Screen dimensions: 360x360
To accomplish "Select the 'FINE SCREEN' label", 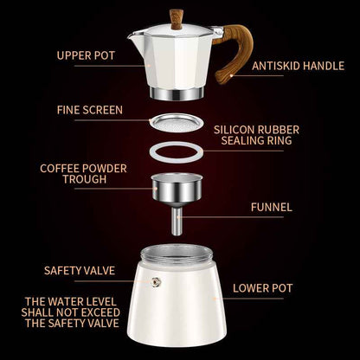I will (89, 110).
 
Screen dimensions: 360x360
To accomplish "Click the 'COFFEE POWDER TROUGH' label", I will (73, 173).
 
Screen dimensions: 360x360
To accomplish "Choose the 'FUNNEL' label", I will (271, 207).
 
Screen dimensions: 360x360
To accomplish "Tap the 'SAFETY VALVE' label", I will (80, 270).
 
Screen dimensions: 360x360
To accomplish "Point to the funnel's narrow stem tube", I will (177, 222).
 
